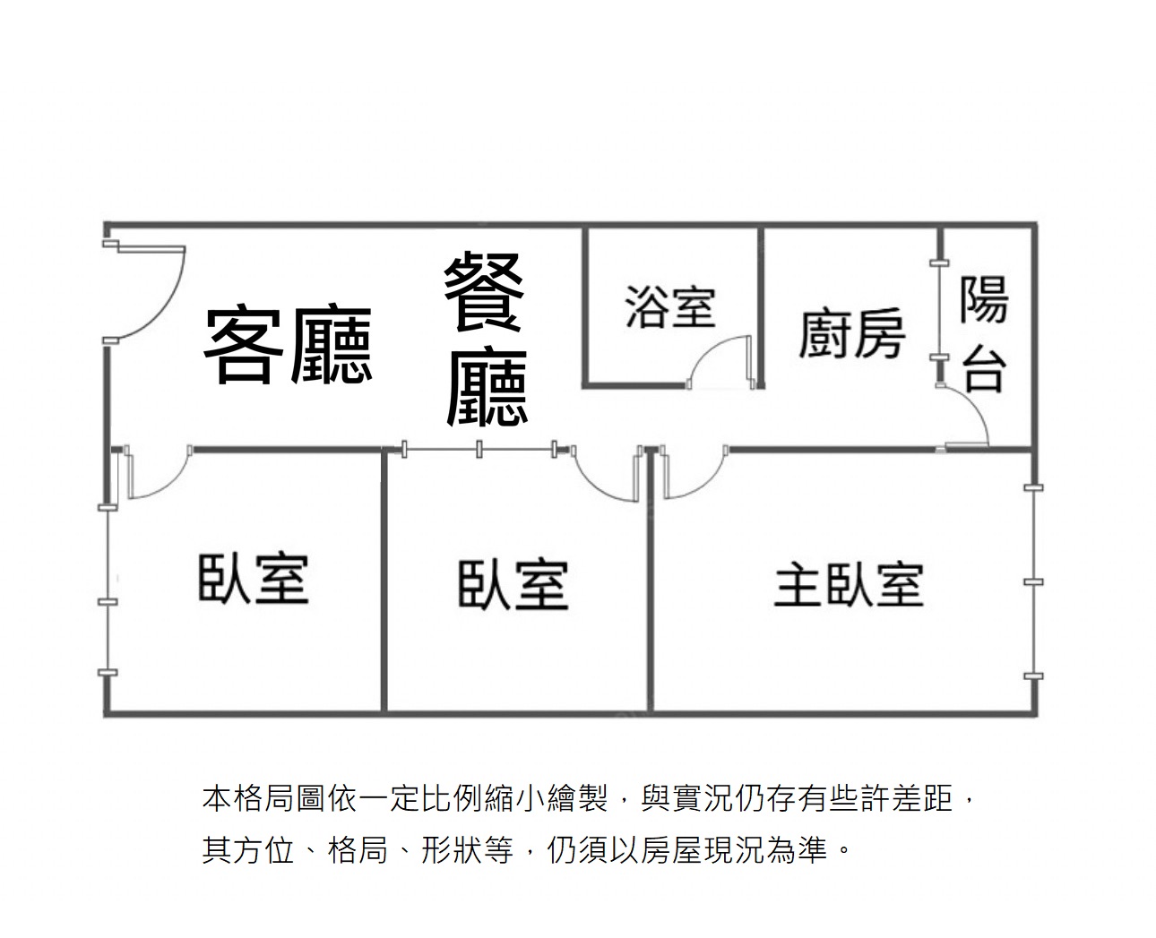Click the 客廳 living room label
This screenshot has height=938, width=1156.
point(287,345)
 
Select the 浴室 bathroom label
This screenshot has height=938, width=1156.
point(670,305)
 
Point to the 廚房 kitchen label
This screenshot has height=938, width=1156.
point(851,333)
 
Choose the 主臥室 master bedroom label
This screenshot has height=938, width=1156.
point(848,584)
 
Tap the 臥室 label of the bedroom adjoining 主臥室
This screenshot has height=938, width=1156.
point(513,585)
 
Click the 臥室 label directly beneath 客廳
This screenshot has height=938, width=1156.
point(253,578)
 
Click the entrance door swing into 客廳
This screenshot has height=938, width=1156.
point(148,291)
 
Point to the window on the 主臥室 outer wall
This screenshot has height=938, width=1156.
point(1034,582)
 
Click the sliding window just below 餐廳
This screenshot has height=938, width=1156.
point(479,449)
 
